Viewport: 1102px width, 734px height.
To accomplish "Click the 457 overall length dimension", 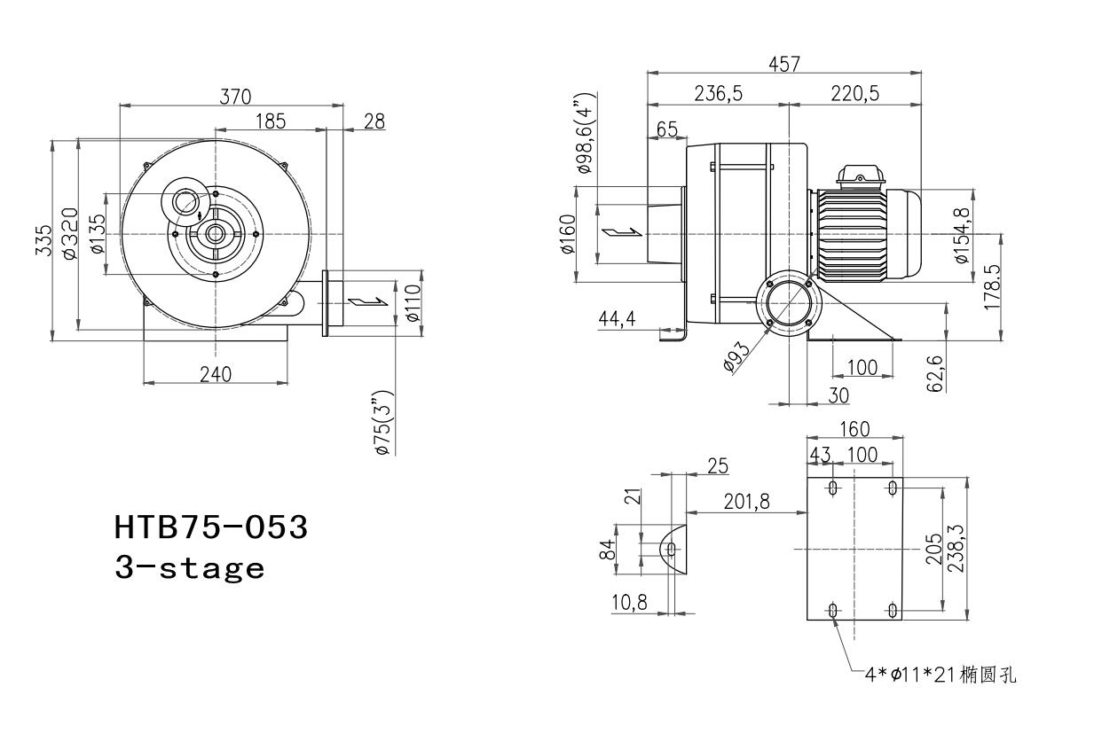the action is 784,65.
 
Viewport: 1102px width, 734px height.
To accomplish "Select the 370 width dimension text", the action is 235,97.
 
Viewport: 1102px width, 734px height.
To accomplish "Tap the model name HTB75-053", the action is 211,527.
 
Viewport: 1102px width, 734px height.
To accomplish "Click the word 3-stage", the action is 190,568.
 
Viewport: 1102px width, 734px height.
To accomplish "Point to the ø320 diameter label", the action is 70,233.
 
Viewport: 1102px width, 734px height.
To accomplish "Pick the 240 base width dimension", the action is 216,375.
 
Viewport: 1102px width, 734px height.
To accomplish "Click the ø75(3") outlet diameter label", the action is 385,424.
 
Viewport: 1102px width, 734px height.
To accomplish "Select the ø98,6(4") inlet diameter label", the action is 586,133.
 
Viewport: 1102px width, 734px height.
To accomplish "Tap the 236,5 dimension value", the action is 719,93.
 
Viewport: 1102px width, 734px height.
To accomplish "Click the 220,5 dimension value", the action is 855,93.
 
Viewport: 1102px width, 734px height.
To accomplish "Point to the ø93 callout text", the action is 736,356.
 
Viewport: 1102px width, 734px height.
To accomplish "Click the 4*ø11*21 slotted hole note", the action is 941,675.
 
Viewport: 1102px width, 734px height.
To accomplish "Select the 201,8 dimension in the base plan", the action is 746,502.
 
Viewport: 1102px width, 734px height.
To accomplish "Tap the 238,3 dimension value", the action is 956,548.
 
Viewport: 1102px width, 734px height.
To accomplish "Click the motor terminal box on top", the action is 861,177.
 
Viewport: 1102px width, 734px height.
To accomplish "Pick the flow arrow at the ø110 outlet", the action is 367,301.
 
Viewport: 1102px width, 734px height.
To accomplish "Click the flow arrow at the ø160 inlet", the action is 622,232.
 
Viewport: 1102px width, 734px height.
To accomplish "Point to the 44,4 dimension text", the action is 617,318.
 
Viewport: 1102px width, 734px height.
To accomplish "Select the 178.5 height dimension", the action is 992,287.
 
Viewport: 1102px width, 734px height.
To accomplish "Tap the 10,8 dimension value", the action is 629,602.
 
